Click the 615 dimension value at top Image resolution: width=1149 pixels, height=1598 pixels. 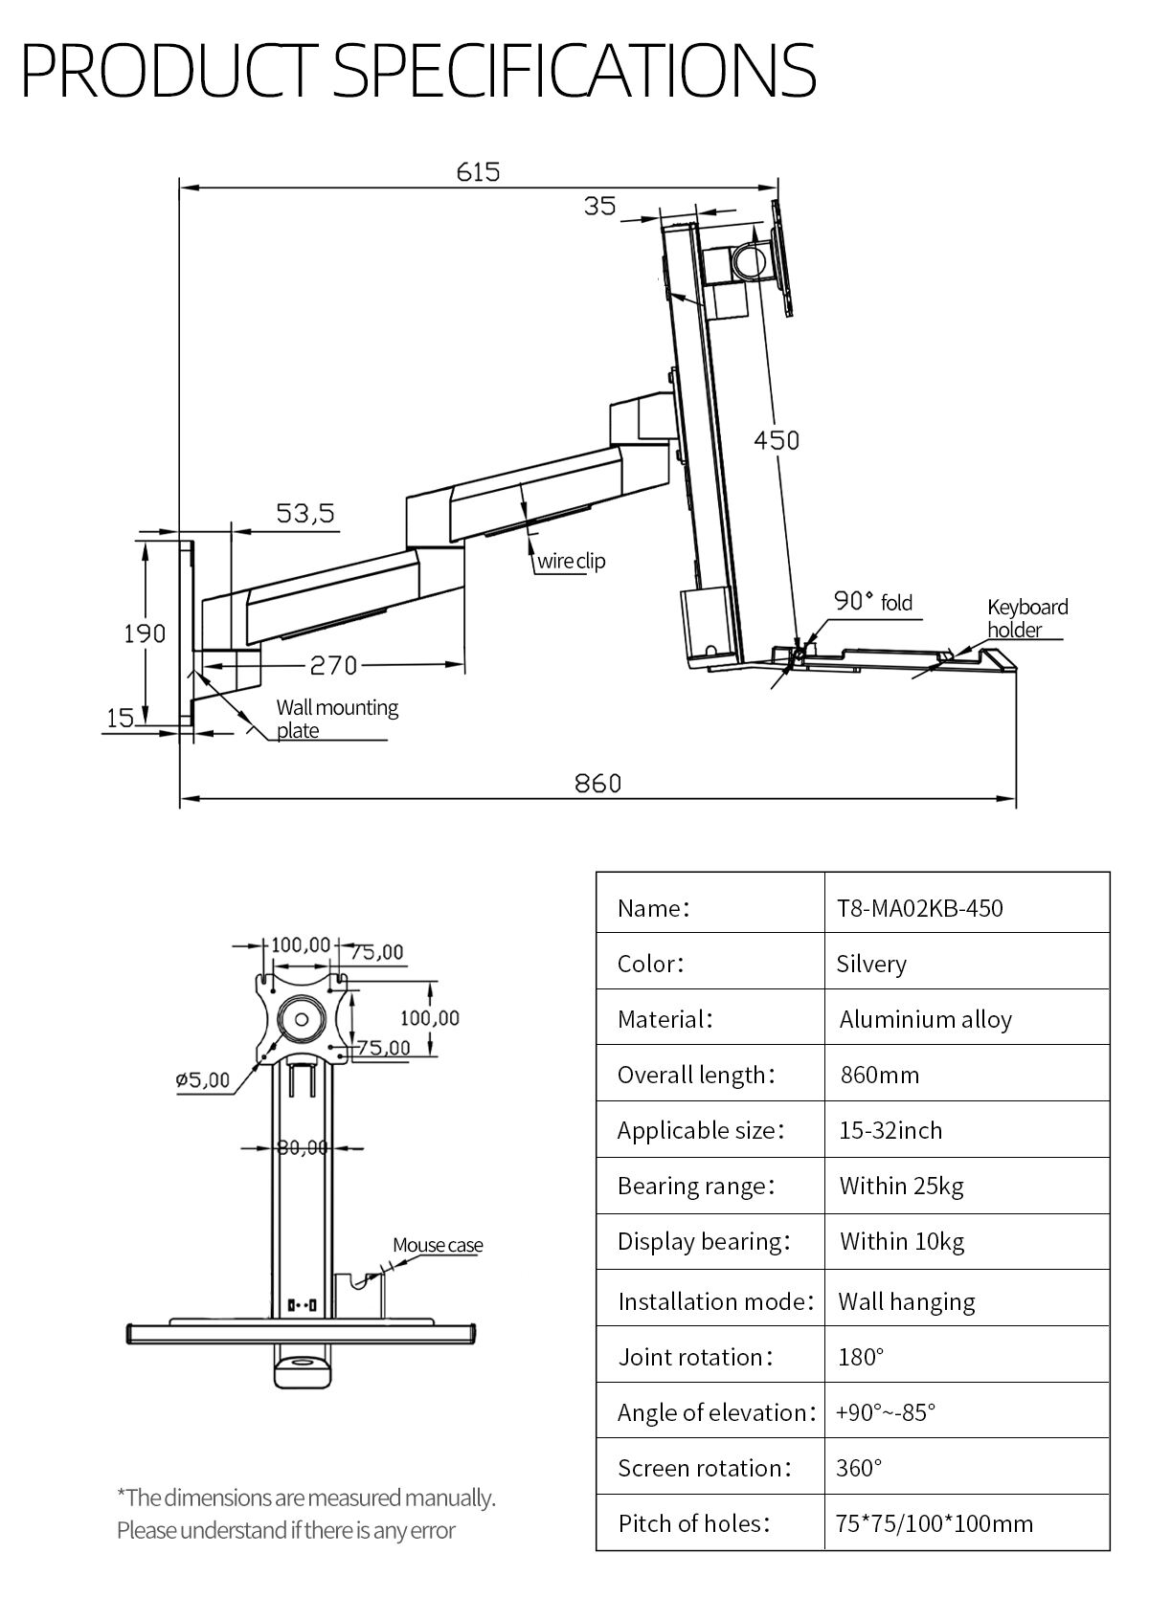point(478,172)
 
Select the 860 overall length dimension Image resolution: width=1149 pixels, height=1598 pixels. point(597,784)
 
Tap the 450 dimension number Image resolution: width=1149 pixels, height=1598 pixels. point(776,440)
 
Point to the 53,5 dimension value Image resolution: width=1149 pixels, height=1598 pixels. point(305,514)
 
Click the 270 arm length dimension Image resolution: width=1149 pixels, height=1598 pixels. point(332,665)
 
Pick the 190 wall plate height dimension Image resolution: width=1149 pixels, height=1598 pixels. point(145,633)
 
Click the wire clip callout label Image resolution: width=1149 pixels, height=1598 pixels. point(571,562)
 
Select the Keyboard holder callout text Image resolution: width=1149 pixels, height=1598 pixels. point(1026,618)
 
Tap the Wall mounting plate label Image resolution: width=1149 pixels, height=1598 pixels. point(336,719)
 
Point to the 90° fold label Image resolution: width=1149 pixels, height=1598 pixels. point(872,602)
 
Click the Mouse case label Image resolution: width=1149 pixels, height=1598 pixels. point(438,1245)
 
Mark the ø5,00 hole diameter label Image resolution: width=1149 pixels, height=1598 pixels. point(202,1080)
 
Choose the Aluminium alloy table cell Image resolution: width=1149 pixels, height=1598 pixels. point(925,1019)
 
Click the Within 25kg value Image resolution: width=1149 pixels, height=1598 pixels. point(901,1186)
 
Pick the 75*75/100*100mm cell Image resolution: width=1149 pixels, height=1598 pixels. point(934,1523)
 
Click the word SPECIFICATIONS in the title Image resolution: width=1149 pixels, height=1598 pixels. point(574,69)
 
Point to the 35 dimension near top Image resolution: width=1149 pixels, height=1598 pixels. point(600,207)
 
